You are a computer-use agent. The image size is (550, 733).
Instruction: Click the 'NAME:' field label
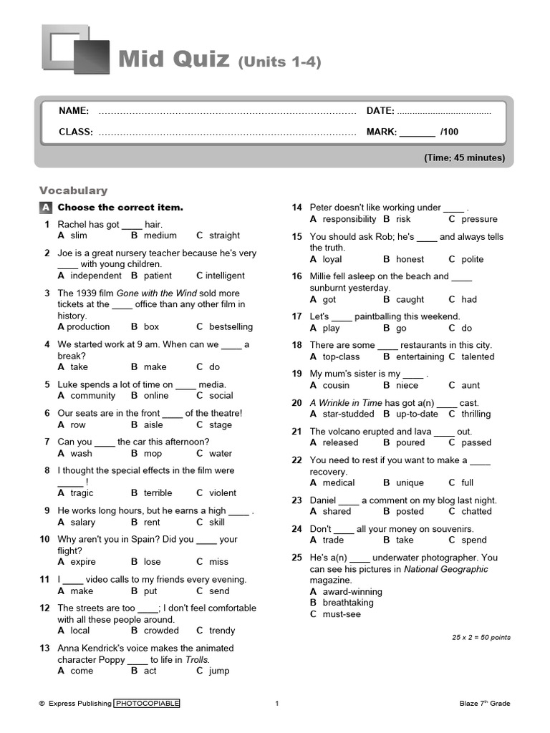74,111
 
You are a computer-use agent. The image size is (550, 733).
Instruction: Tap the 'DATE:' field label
380,111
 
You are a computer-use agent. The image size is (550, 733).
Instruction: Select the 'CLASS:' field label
76,132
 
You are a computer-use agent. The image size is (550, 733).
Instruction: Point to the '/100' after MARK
449,132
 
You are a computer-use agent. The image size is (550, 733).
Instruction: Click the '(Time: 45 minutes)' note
464,157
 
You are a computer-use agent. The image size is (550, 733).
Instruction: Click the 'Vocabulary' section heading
73,190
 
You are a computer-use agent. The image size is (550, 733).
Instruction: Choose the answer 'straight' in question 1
224,236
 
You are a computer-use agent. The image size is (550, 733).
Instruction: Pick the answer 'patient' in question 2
158,276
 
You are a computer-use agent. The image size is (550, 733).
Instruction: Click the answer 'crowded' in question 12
161,631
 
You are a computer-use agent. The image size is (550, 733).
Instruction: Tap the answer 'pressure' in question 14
479,219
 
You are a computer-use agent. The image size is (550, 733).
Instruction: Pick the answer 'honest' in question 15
410,259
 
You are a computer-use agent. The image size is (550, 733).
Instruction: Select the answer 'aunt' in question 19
471,385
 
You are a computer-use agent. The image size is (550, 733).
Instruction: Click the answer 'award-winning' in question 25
352,592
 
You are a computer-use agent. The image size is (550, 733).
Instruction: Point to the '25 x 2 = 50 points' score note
481,637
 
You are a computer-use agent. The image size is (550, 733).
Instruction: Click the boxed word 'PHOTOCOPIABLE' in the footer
148,704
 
